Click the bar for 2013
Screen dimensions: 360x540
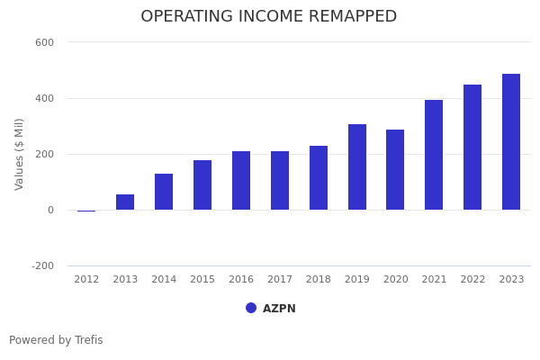[x=125, y=202]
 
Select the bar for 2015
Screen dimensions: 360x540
[x=202, y=185]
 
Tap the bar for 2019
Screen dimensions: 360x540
[x=357, y=167]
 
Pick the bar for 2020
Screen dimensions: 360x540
[x=395, y=170]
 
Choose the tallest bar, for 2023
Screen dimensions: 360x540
[x=511, y=142]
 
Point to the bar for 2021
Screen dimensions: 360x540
[x=434, y=155]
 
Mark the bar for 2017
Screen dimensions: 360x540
[x=280, y=181]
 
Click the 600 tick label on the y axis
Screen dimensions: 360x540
[x=44, y=42]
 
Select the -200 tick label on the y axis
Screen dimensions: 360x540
[x=42, y=266]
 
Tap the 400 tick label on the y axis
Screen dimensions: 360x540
[x=44, y=98]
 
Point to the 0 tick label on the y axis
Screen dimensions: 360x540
[x=50, y=211]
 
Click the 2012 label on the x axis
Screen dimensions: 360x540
[x=86, y=280]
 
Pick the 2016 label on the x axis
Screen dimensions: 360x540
[x=241, y=280]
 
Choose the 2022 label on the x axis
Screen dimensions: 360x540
[x=472, y=280]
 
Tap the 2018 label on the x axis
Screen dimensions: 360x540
[x=319, y=280]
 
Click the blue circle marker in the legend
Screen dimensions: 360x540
[x=251, y=308]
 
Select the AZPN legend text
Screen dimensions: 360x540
[x=279, y=309]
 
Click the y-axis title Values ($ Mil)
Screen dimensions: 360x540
[x=20, y=154]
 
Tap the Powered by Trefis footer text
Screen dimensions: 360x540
[x=56, y=340]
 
